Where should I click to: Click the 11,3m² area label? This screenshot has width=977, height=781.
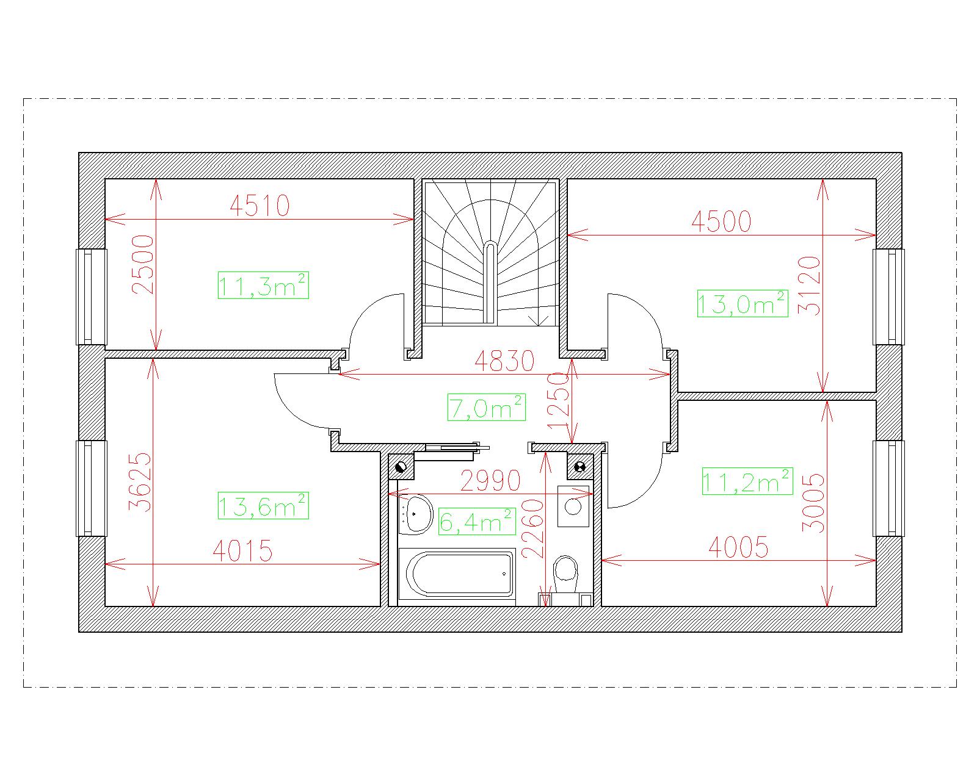pyautogui.click(x=263, y=285)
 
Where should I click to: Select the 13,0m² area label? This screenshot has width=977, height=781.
pyautogui.click(x=743, y=303)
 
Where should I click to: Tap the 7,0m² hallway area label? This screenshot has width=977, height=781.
pyautogui.click(x=487, y=407)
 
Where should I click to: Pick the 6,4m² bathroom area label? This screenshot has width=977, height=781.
pyautogui.click(x=477, y=522)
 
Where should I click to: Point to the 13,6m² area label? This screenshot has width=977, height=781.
pyautogui.click(x=263, y=506)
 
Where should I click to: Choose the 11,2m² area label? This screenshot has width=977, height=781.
pyautogui.click(x=748, y=481)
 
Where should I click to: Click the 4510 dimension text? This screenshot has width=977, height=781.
pyautogui.click(x=260, y=206)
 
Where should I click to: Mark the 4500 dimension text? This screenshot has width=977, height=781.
pyautogui.click(x=721, y=221)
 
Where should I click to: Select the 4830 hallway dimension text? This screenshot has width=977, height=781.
pyautogui.click(x=504, y=361)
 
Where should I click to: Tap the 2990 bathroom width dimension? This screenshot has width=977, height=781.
pyautogui.click(x=490, y=481)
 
